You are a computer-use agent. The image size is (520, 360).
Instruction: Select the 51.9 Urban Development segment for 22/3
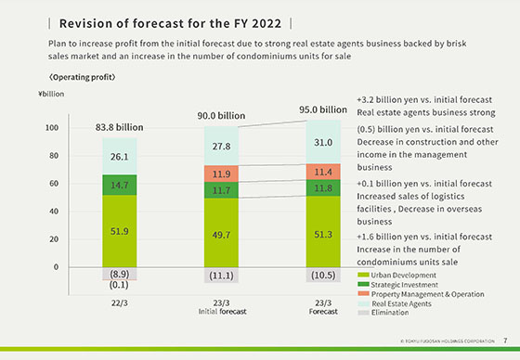coord(119,231)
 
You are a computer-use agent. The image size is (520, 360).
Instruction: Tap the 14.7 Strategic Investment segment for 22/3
coord(119,186)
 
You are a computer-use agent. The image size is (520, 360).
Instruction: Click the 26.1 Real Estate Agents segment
coord(119,158)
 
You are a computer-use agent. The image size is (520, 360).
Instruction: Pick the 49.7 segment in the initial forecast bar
coord(221,237)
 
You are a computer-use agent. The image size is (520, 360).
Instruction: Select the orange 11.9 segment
coord(221,174)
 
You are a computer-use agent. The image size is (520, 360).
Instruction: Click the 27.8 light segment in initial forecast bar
coord(221,147)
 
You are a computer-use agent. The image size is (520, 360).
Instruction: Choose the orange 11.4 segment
coord(324,172)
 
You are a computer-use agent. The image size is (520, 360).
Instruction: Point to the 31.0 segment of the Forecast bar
coord(324,142)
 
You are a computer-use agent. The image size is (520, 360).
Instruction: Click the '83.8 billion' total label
coord(119,126)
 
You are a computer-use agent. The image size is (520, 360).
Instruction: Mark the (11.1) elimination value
coord(221,276)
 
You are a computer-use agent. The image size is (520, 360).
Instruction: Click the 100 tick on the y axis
coord(52,128)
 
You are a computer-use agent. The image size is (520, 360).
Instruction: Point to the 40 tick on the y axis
coord(54,212)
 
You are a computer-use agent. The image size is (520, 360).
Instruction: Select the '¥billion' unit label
coord(52,95)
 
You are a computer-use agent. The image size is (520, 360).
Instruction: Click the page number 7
coord(504,340)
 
